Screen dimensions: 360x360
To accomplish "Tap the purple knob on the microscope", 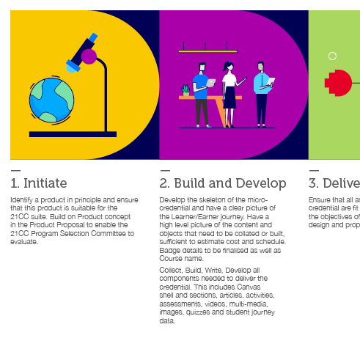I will pyautogui.click(x=89, y=56).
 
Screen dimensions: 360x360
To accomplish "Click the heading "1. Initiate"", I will pyautogui.click(x=38, y=183).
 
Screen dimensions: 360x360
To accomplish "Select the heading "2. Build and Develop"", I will pyautogui.click(x=222, y=183).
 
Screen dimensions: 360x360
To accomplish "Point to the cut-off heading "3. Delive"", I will pyautogui.click(x=334, y=183).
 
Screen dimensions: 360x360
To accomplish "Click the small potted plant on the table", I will pyautogui.click(x=185, y=90).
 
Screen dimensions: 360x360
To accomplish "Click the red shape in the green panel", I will pyautogui.click(x=339, y=83).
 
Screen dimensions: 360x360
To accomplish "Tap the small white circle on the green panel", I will pyautogui.click(x=332, y=56).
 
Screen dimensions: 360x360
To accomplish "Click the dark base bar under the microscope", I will pyautogui.click(x=73, y=134).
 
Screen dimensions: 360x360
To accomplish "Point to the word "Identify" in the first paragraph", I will pyautogui.click(x=21, y=199).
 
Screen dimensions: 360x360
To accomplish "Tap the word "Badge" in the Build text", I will pyautogui.click(x=169, y=250).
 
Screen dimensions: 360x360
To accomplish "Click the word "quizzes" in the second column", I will pyautogui.click(x=204, y=312).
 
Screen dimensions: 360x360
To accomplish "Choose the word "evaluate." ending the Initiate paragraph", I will pyautogui.click(x=23, y=241).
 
